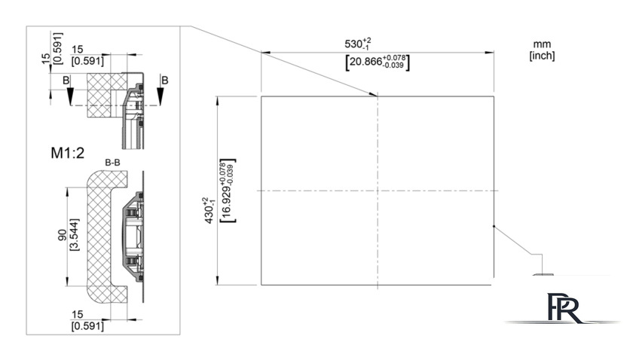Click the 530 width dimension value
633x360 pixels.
click(x=358, y=44)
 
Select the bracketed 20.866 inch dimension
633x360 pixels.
click(x=378, y=63)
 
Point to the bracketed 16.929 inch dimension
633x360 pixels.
click(x=228, y=191)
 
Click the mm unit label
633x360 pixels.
click(x=542, y=44)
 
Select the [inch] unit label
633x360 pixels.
click(x=542, y=55)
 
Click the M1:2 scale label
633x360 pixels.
click(x=67, y=153)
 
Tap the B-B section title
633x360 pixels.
click(x=112, y=163)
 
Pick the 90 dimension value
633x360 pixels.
click(x=62, y=235)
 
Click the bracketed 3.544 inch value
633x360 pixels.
click(x=75, y=235)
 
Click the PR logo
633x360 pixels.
click(x=564, y=308)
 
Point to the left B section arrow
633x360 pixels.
click(x=70, y=95)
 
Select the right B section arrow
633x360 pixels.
click(x=161, y=95)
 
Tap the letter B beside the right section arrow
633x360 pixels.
click(x=165, y=81)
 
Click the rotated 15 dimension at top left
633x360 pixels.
click(x=47, y=59)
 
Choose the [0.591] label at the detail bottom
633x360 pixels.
click(x=87, y=325)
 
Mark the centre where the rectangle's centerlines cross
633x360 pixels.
click(x=378, y=191)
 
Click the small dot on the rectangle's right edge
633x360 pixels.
click(x=494, y=227)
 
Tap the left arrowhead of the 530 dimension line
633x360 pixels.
click(x=265, y=53)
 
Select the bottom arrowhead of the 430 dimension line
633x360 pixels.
click(x=217, y=281)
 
